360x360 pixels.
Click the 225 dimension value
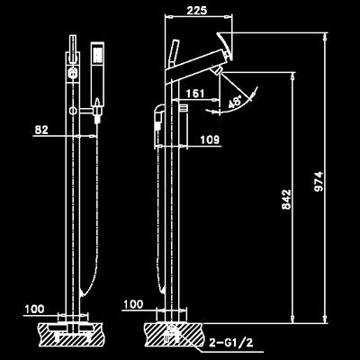tap(197, 10)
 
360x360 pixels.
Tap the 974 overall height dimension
tap(319, 182)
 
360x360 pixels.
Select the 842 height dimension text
tap(286, 199)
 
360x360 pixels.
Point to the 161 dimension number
tap(195, 94)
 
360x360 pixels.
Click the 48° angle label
tap(235, 102)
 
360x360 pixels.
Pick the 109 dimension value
tap(210, 139)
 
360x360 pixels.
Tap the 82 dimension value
tap(41, 130)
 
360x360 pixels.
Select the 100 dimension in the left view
tap(34, 309)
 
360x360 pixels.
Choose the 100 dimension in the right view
tap(133, 304)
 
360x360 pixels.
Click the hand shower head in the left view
tap(97, 72)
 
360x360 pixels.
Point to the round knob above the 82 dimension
tap(73, 111)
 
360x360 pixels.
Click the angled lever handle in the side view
tap(174, 54)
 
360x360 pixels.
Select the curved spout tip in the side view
tap(226, 45)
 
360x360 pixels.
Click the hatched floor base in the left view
tap(71, 334)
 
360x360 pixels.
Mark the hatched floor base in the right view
tap(173, 334)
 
